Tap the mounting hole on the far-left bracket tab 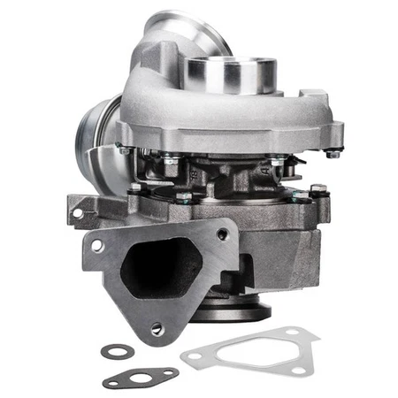coord(77,212)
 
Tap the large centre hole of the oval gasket coord(140,379)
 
